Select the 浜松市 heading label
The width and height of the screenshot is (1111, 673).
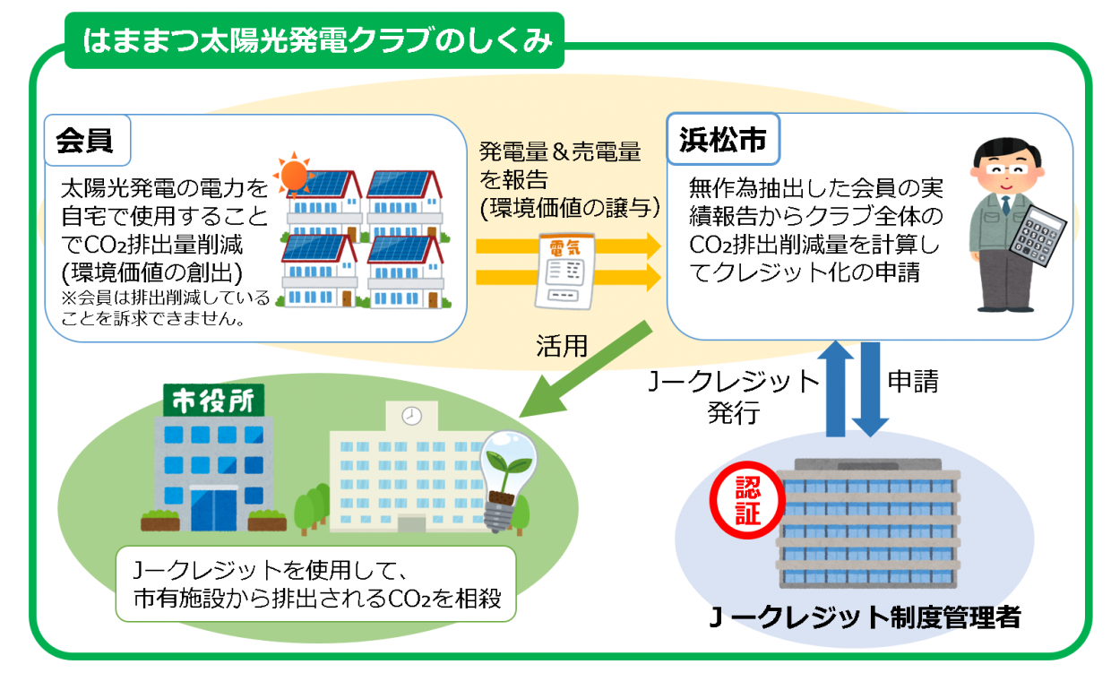coord(722,141)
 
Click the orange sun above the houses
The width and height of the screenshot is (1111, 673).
coord(293,174)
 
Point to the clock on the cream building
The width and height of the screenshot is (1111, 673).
coord(411,416)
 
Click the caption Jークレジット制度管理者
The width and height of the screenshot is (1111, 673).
coord(864,617)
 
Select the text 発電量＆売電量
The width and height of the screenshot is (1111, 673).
coord(561,151)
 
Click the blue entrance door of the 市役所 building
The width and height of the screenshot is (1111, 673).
coord(213,511)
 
